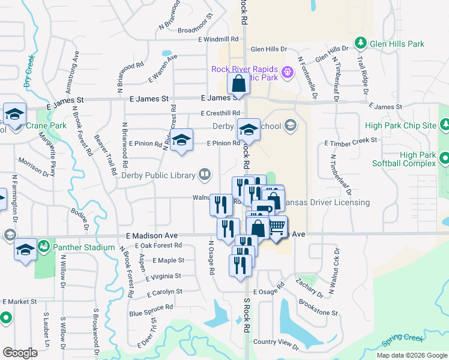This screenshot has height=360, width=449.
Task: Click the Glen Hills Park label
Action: coord(397,44)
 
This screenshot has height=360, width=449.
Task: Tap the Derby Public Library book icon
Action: coord(205,175)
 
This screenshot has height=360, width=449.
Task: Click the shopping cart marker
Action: coord(276,227)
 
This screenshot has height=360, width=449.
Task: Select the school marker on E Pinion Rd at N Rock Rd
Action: coord(248,130)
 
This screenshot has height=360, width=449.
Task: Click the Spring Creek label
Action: coord(403,341)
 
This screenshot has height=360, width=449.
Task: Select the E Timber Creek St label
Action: coord(351,142)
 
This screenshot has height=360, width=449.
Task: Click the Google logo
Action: coord(20,353)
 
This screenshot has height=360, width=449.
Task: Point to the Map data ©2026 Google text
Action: coord(412,355)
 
